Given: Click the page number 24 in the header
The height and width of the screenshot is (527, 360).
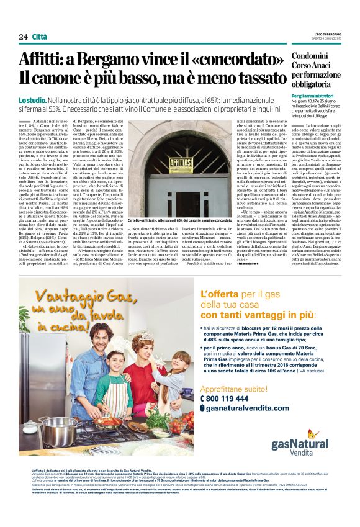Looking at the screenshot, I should [22, 37].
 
